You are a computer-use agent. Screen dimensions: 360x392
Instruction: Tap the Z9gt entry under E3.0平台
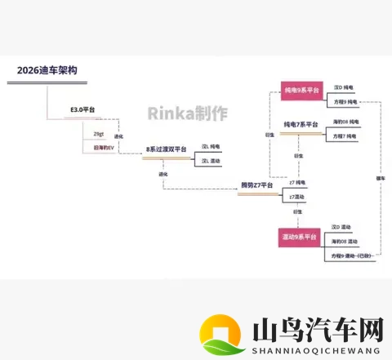pyautogui.click(x=98, y=133)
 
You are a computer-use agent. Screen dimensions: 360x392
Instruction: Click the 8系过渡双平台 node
pyautogui.click(x=167, y=149)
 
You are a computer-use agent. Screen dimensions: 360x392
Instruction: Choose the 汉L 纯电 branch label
pyautogui.click(x=212, y=146)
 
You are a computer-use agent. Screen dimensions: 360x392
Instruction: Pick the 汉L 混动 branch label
pyautogui.click(x=212, y=161)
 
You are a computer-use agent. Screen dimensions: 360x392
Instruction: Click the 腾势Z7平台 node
pyautogui.click(x=256, y=186)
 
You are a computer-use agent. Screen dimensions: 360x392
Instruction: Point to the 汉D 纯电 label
pyautogui.click(x=344, y=87)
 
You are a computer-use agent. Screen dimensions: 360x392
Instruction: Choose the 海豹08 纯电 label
pyautogui.click(x=346, y=122)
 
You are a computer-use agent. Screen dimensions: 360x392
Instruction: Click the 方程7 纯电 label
pyautogui.click(x=345, y=136)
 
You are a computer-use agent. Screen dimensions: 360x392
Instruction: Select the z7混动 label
pyautogui.click(x=296, y=197)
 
